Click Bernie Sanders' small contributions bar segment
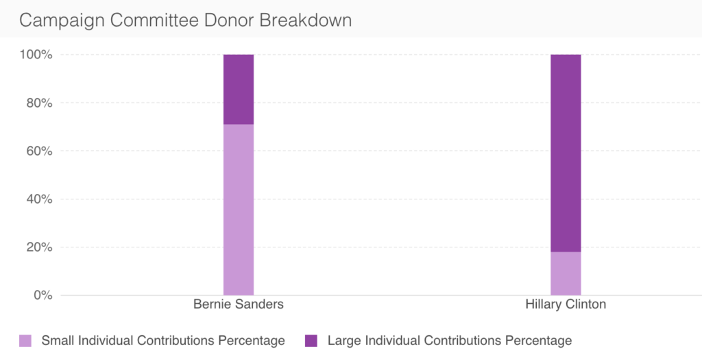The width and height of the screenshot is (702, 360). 239,209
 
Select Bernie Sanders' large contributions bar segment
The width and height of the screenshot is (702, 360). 239,89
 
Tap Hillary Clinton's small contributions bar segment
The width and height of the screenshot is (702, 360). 566,273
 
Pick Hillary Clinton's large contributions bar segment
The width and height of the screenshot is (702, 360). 566,153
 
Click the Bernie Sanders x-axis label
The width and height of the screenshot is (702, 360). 238,304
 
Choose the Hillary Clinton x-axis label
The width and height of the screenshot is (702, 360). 566,304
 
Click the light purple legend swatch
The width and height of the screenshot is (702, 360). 25,340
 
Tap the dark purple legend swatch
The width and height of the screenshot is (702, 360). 311,340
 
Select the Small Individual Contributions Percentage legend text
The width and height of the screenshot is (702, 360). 163,340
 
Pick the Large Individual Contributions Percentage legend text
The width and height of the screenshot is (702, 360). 450,340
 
